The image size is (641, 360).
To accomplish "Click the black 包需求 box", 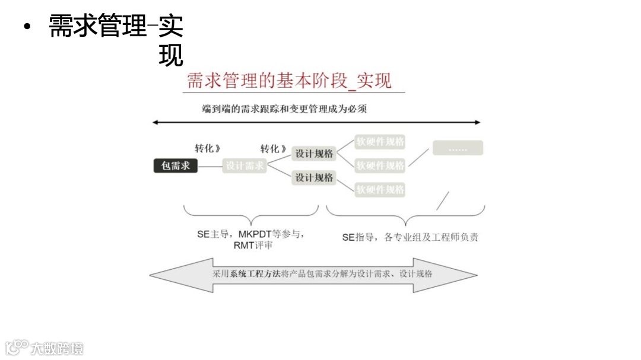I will [175, 165].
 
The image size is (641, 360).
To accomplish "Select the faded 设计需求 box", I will [245, 165].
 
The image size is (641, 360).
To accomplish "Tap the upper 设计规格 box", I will [315, 153].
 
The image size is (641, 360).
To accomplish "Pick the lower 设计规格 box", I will [315, 177].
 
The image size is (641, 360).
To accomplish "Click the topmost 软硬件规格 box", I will [380, 142].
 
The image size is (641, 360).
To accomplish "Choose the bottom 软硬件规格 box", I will [380, 190].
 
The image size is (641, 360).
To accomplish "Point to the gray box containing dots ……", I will [458, 148].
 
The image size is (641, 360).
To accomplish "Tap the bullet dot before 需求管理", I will [26, 27].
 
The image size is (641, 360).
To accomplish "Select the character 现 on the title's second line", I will [171, 56].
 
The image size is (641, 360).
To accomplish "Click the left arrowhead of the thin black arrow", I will [156, 122].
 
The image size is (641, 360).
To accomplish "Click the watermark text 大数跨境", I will [58, 348].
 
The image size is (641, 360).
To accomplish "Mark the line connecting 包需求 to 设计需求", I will [210, 166].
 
